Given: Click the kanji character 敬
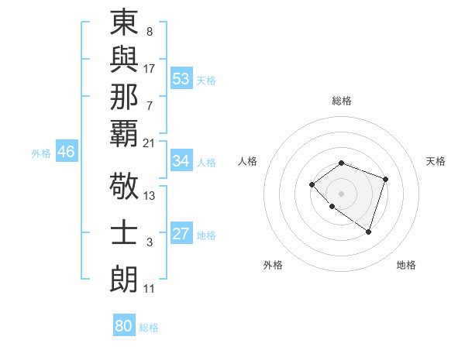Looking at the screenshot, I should pos(124,187).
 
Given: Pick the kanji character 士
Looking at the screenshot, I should pos(124,234).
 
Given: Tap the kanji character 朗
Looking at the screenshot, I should pos(124,280).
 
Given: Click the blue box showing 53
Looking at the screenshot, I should pos(181,79).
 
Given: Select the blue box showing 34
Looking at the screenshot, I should pos(181,161).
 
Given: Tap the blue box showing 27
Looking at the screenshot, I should pos(181,235).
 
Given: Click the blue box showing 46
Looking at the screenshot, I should pos(66,152).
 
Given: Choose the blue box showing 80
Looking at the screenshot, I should pos(124,326).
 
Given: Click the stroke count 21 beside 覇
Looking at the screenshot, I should pos(150,143).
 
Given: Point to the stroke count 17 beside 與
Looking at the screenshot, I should pos(150,69).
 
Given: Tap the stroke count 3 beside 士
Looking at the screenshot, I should pos(150,242).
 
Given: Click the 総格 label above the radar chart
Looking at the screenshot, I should pos(341,101).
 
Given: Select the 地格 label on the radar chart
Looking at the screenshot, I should pos(406,265).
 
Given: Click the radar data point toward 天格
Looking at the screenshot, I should pos(386,179).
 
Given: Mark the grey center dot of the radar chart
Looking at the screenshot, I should pos(341,193).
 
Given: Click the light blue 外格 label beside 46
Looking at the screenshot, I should pos(41,153).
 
